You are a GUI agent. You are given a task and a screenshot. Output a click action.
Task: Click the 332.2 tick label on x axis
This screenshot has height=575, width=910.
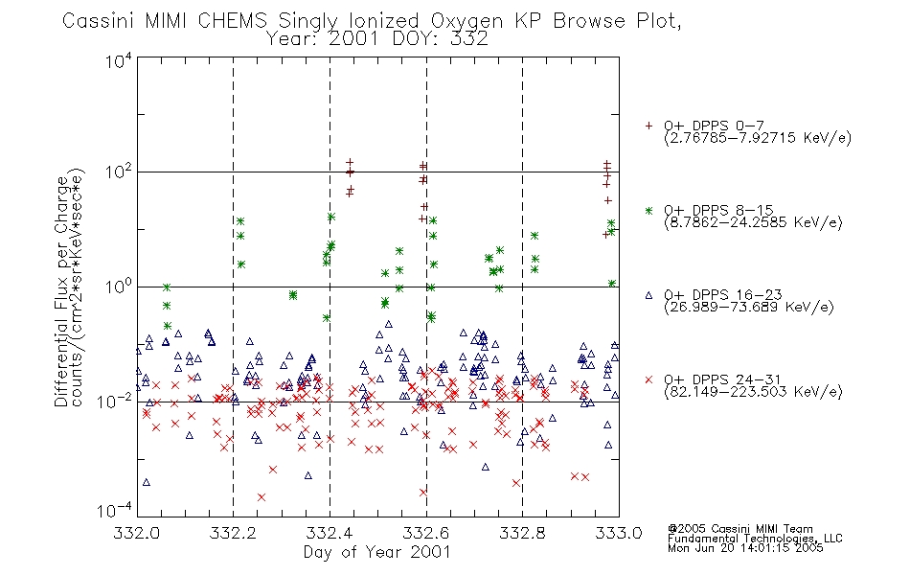[233, 533]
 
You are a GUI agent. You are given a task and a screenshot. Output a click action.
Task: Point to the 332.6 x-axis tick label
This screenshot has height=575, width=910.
[426, 533]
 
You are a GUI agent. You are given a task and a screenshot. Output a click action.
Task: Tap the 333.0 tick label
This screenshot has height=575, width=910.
[619, 533]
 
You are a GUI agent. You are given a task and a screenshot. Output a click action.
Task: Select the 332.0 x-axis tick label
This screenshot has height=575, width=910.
[136, 533]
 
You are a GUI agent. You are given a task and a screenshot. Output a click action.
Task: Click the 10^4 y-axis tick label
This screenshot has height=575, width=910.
[119, 60]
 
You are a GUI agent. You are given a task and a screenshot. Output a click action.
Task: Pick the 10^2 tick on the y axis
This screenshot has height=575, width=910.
[119, 172]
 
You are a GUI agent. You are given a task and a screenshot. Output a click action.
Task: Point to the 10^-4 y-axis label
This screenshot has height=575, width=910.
[115, 510]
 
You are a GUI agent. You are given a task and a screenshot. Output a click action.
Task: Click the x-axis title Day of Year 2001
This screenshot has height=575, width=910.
[376, 552]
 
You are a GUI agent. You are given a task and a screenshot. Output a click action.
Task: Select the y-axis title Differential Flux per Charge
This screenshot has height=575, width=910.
[61, 291]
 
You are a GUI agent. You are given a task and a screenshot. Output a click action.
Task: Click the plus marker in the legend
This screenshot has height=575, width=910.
[648, 126]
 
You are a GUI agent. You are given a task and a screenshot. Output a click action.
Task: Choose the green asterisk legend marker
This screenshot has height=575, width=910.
[648, 210]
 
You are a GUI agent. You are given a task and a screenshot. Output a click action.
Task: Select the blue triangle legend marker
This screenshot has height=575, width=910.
[648, 295]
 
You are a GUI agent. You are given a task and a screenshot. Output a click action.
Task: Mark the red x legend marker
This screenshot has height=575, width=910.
[648, 379]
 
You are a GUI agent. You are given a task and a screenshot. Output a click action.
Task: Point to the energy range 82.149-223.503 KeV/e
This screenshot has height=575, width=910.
[753, 392]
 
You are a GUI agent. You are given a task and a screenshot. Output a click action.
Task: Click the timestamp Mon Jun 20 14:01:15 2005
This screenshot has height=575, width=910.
[745, 548]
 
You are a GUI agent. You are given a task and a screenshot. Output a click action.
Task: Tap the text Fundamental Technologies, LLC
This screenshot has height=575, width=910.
[755, 539]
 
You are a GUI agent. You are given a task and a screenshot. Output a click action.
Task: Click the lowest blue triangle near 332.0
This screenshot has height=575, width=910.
[147, 482]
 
